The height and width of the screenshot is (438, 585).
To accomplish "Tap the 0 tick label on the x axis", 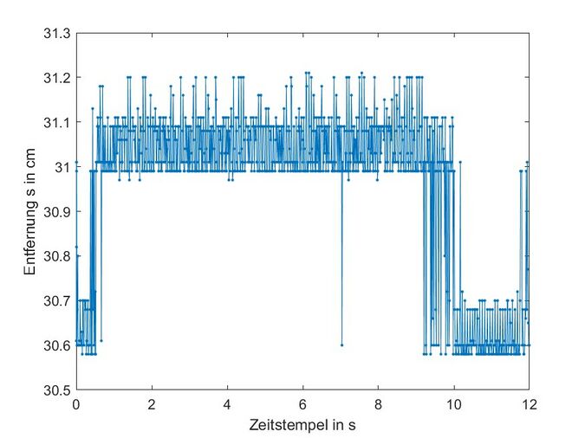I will click(76, 404).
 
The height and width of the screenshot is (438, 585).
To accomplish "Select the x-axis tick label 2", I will click(152, 404).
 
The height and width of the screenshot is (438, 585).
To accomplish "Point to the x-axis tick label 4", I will click(227, 404).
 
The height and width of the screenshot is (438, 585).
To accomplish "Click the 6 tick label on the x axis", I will click(302, 404).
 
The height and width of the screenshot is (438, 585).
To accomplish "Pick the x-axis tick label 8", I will click(378, 404).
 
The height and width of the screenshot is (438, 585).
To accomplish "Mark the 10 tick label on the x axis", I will click(453, 404).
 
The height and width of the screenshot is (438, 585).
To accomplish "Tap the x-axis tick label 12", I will click(529, 404).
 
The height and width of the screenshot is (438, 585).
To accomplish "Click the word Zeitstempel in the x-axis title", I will click(285, 425).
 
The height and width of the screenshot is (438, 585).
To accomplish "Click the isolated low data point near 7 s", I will click(341, 345).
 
